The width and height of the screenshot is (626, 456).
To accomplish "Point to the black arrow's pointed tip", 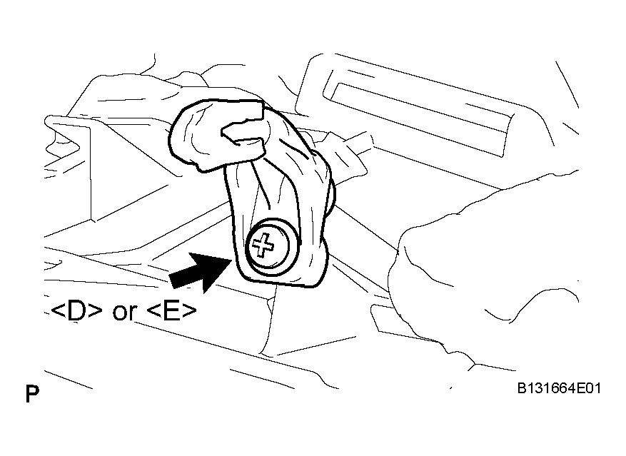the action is point(232,259).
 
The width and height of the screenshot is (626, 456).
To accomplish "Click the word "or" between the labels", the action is point(125,313).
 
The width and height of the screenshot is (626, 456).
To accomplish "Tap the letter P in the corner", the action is point(32,394).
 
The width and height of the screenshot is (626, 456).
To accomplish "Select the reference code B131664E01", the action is point(559,388).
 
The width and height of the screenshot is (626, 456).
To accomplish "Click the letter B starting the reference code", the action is point(522,388).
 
